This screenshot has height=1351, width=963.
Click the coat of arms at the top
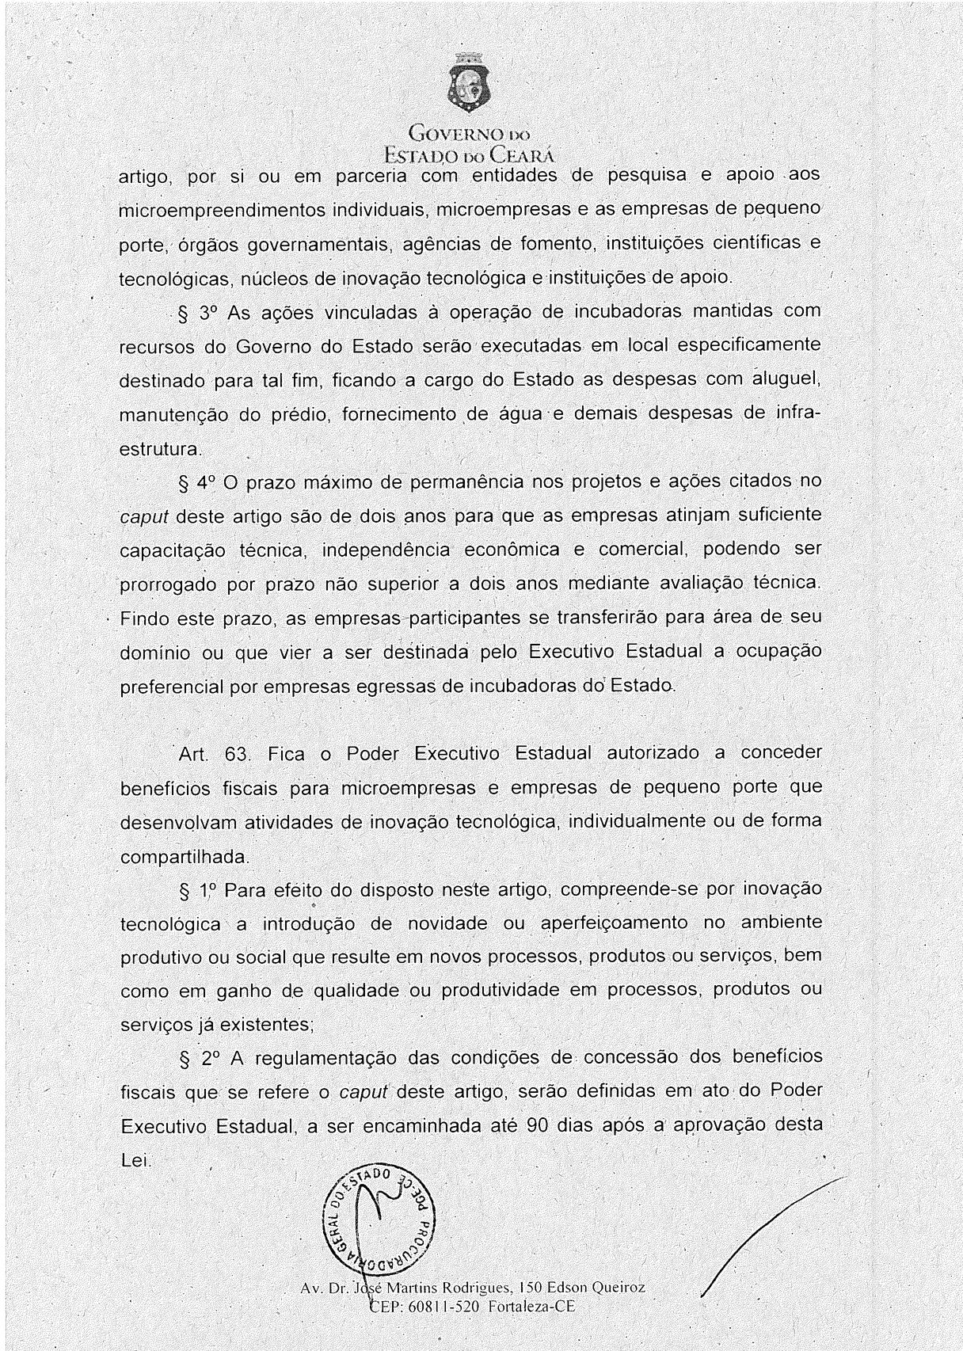470,85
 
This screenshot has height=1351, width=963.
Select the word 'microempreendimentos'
222,211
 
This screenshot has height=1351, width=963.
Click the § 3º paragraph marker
197,313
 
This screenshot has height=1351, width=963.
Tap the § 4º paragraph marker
197,482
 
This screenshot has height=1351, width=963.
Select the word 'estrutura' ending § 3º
158,449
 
